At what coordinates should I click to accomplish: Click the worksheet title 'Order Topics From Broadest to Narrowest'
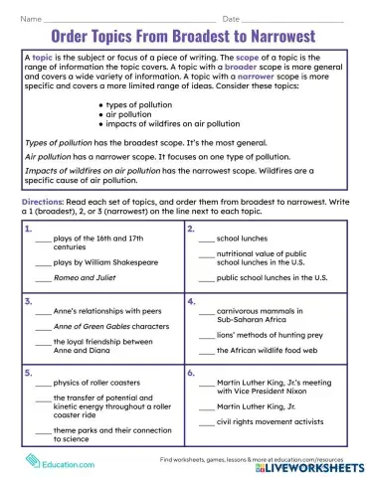click(x=184, y=36)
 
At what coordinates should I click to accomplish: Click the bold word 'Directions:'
click(x=42, y=202)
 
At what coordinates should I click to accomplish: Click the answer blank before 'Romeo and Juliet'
click(x=42, y=281)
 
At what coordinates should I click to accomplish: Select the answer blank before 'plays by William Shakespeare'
click(x=42, y=263)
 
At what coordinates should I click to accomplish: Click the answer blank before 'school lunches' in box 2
click(x=206, y=240)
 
